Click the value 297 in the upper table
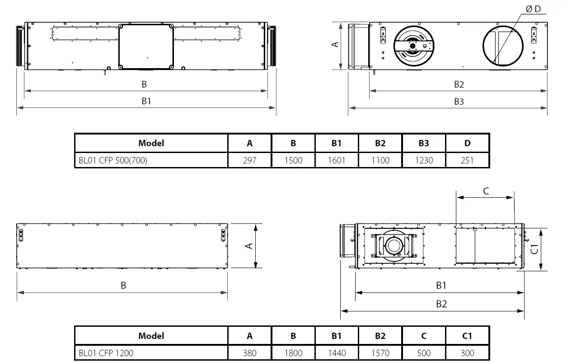click(249, 160)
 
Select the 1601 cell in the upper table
click(337, 160)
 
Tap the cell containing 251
click(467, 160)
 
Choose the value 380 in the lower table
click(249, 353)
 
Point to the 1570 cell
click(380, 353)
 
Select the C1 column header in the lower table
click(467, 336)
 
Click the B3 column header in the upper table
click(424, 143)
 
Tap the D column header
click(467, 143)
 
